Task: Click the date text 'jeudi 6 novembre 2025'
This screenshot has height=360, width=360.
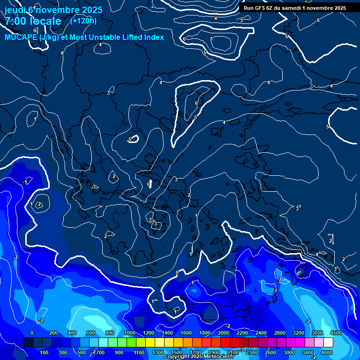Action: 53,9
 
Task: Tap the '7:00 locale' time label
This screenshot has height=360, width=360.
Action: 33,21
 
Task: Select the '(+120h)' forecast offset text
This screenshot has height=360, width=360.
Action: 83,21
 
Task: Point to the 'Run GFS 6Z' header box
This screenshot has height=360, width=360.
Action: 294,7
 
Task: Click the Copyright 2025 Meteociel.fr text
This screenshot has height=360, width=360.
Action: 199,357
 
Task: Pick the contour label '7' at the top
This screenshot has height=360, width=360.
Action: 211,39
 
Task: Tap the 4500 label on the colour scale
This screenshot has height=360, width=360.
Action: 335,333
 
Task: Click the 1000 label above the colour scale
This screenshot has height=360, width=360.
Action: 129,333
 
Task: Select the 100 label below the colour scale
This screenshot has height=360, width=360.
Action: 45,352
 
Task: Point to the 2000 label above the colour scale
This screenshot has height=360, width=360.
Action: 224,333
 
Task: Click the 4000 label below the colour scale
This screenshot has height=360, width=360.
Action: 327,352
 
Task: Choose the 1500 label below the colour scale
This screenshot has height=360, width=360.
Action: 176,352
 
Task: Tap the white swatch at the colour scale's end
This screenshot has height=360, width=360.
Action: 328,343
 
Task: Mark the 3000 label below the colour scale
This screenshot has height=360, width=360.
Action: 289,352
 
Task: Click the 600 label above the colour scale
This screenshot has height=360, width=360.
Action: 91,333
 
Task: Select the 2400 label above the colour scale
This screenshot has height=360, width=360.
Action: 261,333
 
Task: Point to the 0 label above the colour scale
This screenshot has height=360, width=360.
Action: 32,333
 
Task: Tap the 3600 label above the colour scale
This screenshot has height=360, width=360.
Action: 317,333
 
